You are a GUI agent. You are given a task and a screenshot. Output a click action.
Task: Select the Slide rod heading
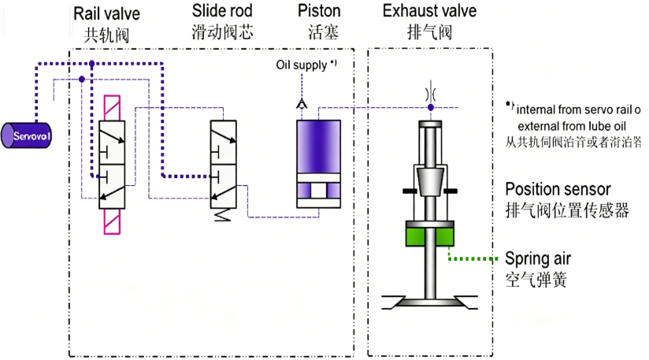(x=223, y=12)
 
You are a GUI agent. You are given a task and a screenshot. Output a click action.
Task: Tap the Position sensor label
(x=558, y=190)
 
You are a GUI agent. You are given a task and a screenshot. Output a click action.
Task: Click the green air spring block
(x=430, y=235)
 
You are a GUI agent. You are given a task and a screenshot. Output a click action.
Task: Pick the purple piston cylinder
(x=318, y=147)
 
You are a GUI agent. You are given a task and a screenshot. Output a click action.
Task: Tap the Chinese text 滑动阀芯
(x=223, y=33)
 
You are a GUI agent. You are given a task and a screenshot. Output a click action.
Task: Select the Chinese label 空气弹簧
(x=536, y=280)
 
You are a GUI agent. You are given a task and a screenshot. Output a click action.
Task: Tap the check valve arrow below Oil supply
(x=301, y=102)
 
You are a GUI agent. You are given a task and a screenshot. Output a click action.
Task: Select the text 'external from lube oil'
(x=575, y=125)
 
